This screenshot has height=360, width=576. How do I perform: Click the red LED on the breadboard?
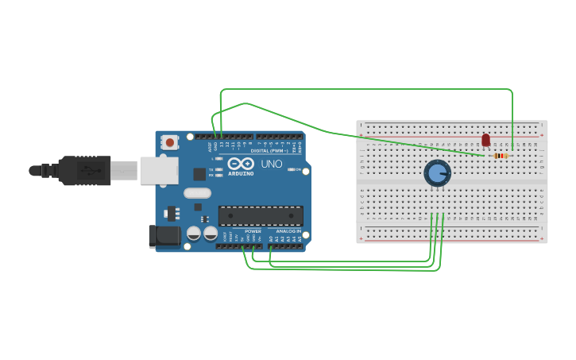pyautogui.click(x=485, y=140)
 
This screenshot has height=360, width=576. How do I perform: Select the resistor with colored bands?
pyautogui.click(x=500, y=156)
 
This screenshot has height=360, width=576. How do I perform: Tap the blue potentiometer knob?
pyautogui.click(x=437, y=172)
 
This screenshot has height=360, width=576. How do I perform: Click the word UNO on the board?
pyautogui.click(x=272, y=164)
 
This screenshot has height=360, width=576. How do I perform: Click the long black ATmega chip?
pyautogui.click(x=261, y=215)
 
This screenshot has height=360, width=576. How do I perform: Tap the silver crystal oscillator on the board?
pyautogui.click(x=197, y=192)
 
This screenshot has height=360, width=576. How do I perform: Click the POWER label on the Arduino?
pyautogui.click(x=253, y=231)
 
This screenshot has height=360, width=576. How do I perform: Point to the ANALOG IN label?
pyautogui.click(x=288, y=231)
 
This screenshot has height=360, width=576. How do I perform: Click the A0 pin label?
pyautogui.click(x=271, y=238)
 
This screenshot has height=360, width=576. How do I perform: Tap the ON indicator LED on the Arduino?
pyautogui.click(x=292, y=169)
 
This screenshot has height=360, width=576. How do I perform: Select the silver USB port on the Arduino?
pyautogui.click(x=159, y=170)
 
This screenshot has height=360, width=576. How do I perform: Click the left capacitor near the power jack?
pyautogui.click(x=194, y=233)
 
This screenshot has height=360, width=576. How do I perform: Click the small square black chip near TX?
pyautogui.click(x=199, y=173)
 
